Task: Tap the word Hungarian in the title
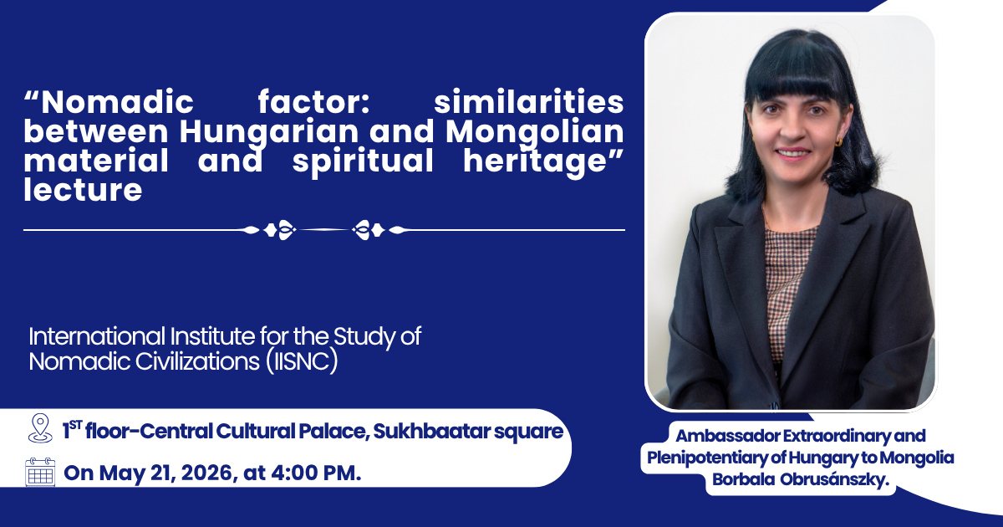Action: (268, 133)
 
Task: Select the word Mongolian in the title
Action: (535, 133)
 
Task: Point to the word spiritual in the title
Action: (363, 162)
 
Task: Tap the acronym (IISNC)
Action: (302, 361)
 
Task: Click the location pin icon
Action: (40, 428)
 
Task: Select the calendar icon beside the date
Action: (40, 472)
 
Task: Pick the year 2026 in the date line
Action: (207, 473)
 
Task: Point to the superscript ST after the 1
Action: (76, 425)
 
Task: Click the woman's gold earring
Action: (838, 142)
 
